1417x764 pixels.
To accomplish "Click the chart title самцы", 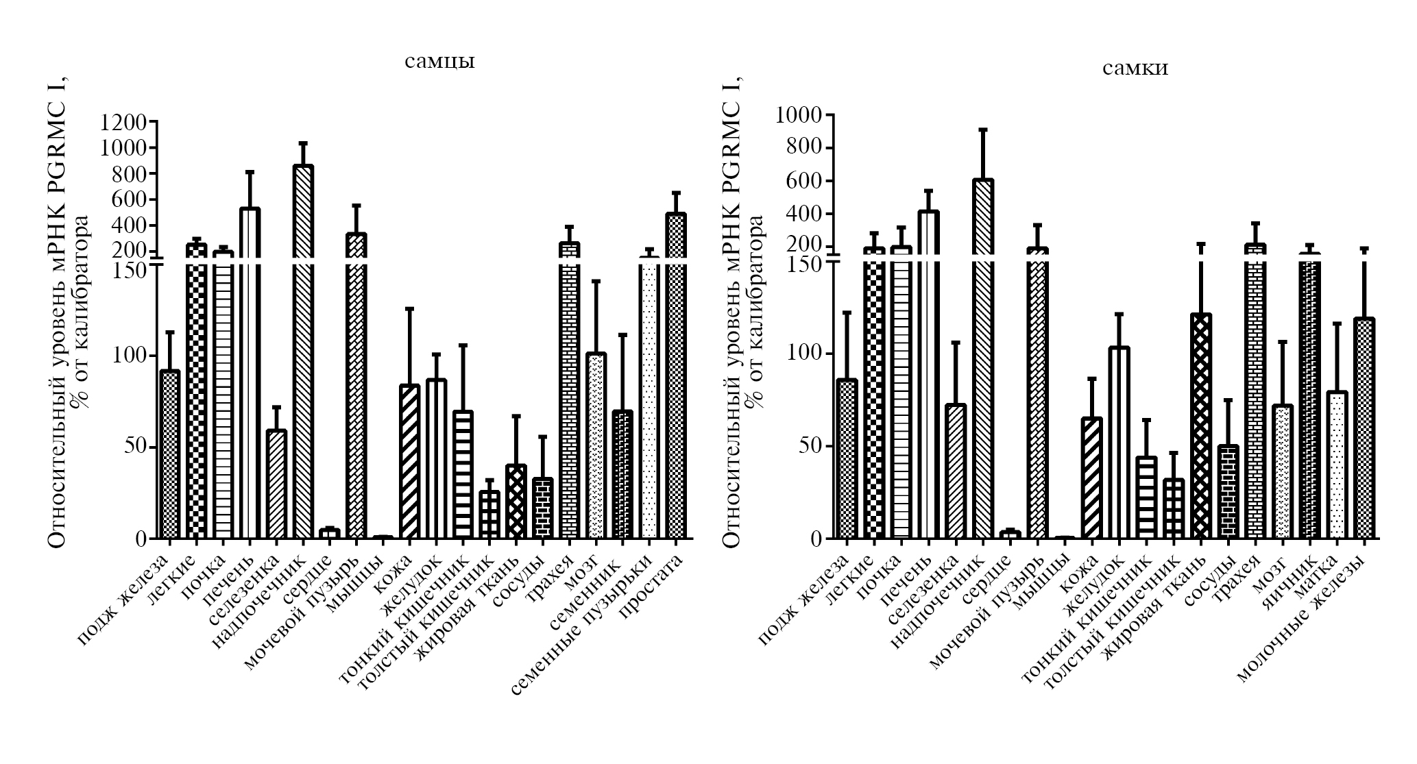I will [439, 62].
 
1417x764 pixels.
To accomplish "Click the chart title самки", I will [1135, 68].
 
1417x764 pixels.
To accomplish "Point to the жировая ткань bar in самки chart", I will [1201, 425].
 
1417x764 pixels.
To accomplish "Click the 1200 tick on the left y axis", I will [123, 123].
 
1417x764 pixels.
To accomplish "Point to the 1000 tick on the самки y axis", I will [799, 115].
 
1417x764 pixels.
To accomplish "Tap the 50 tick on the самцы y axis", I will [131, 447].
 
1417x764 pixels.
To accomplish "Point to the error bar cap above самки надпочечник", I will [982, 130].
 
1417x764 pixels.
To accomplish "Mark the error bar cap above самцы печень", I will [250, 172].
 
